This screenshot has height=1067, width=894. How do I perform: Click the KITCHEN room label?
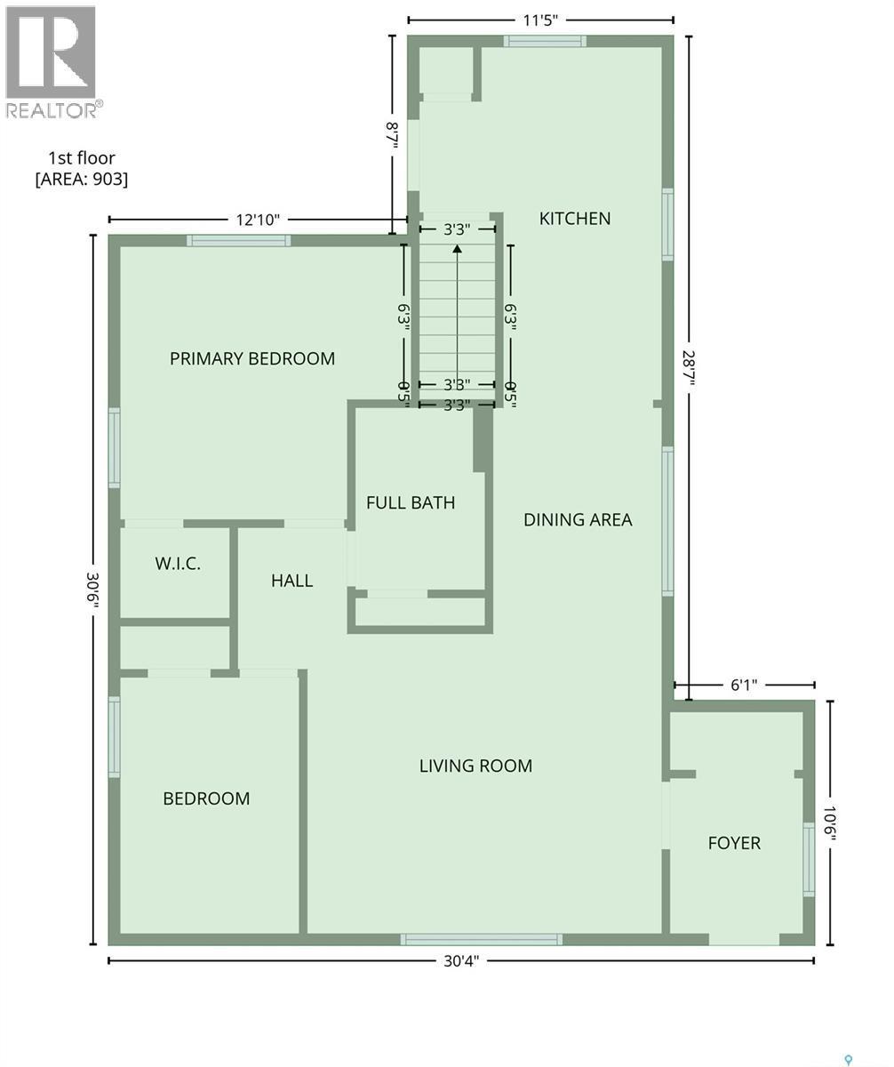coord(575,218)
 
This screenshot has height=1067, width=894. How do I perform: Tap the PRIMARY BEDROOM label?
coord(252,358)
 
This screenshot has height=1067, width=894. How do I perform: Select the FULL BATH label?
coord(411,502)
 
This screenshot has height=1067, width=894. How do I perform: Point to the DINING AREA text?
coord(578,519)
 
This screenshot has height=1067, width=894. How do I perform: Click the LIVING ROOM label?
coord(475,766)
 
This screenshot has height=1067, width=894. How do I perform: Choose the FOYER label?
coord(734,843)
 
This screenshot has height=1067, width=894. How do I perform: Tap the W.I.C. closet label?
coord(178,563)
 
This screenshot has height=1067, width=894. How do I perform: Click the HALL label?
coord(291,581)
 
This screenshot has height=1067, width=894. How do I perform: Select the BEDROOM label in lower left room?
coord(206,798)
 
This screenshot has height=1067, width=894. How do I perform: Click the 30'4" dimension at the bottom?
coord(461,960)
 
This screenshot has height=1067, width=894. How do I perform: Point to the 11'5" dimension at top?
coord(540,20)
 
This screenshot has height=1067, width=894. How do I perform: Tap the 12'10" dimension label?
coord(258,220)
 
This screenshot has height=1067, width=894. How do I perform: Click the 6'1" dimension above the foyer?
coord(744,685)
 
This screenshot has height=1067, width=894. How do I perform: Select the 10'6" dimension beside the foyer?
coord(830,823)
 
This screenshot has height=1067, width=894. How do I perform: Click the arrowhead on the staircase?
coord(457,249)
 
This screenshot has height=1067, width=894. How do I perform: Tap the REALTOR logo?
coord(52,62)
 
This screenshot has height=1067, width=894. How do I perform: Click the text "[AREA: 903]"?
coord(82,179)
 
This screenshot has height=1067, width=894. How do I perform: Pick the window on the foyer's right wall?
coord(809,859)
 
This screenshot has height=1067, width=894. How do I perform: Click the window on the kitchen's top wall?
coord(545,40)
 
